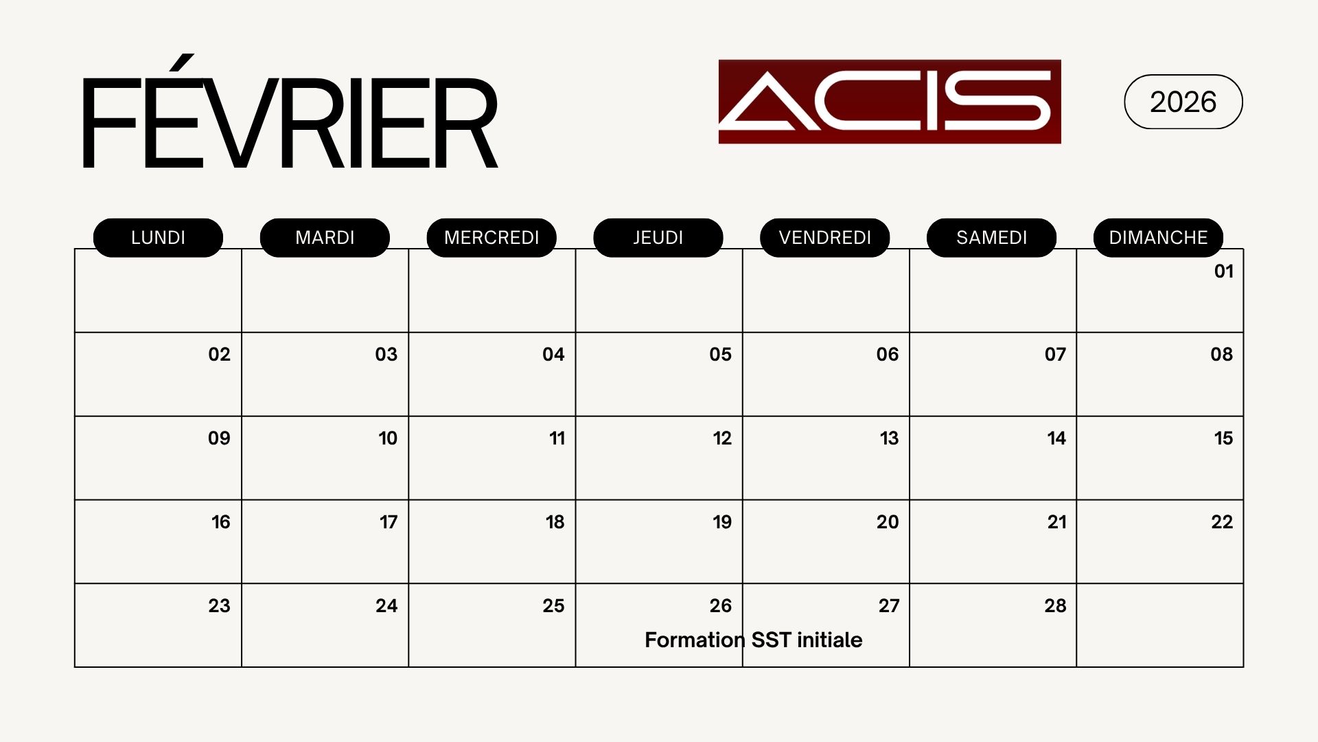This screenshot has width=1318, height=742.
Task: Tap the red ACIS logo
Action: pos(890,102)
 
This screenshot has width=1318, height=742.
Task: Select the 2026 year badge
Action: pos(1183,102)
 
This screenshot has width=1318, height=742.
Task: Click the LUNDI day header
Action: pos(158,238)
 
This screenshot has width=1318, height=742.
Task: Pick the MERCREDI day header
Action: pos(492,238)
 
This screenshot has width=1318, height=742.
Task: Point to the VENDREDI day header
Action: pos(825,238)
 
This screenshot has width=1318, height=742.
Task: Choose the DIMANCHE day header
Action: pos(1158,238)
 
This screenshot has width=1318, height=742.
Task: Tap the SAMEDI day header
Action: pos(991,238)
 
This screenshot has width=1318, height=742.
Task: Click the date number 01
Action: pos(1224,271)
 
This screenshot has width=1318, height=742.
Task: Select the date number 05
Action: pos(721,355)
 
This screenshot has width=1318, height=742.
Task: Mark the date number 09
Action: pos(219,438)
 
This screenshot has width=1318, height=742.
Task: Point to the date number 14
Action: pos(1056,438)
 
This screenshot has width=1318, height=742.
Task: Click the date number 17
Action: pos(389,522)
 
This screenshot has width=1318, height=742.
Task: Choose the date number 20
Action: pos(888,522)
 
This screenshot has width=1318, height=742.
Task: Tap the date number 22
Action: pos(1222,522)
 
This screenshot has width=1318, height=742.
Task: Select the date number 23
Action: pos(219,606)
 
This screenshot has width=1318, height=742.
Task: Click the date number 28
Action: pos(1055,606)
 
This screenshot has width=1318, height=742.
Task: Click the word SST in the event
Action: pos(772,640)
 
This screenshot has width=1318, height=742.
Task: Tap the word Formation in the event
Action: pos(695,640)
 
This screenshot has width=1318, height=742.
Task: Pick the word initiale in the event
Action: pos(830,640)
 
